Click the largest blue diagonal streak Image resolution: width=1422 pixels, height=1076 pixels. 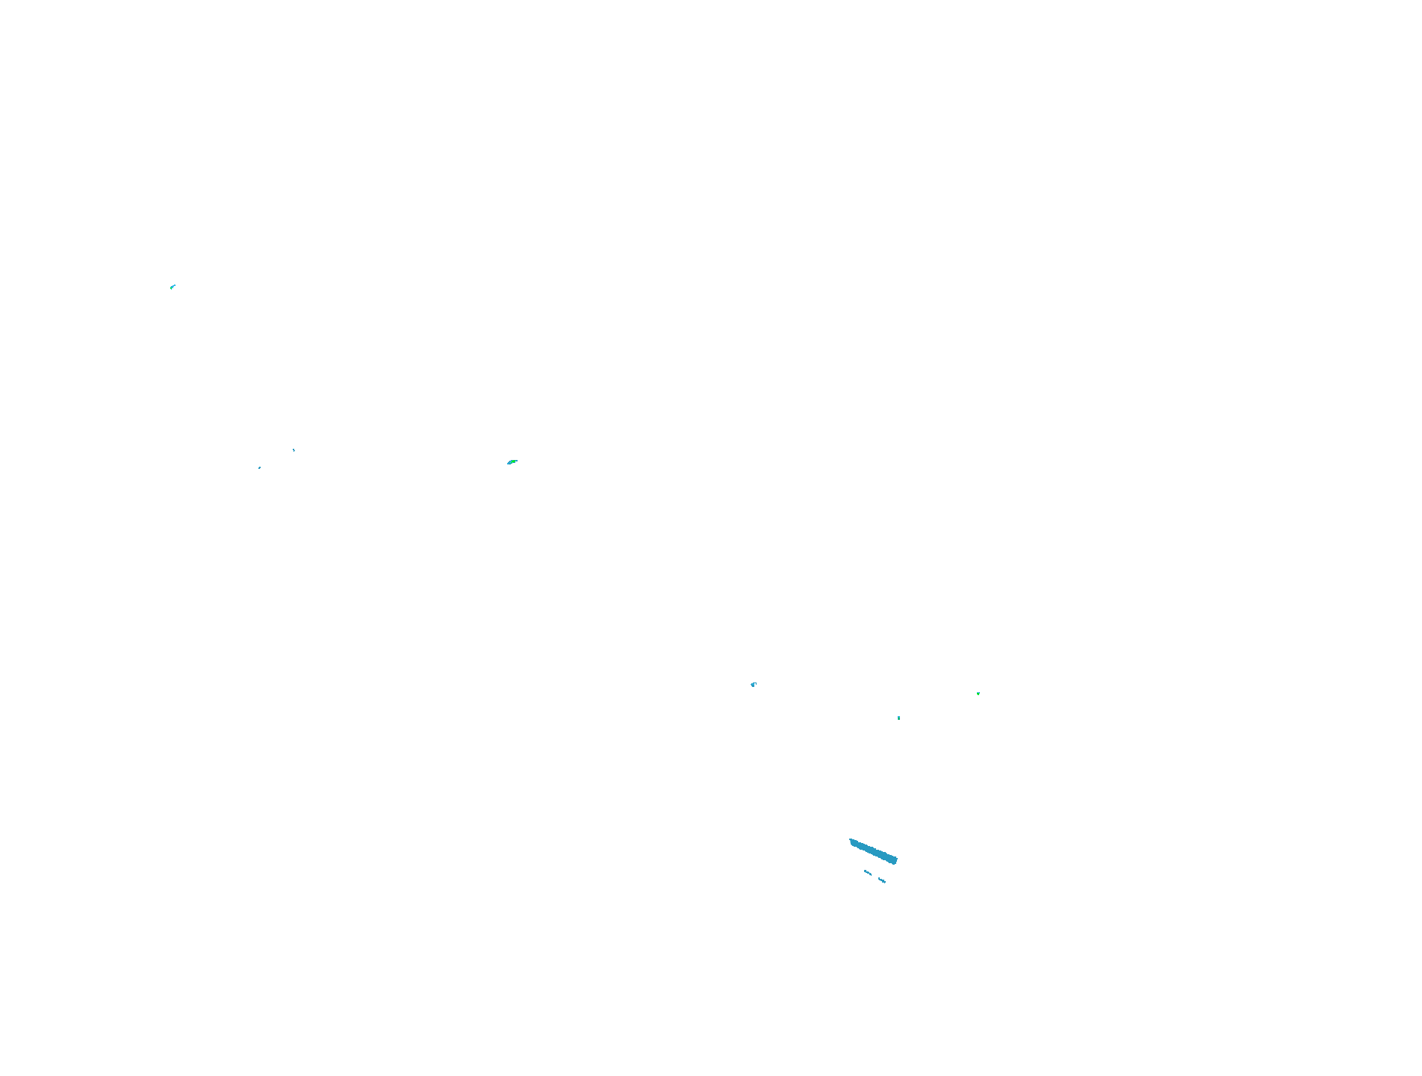point(873,851)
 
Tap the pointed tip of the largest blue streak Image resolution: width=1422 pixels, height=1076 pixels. point(851,840)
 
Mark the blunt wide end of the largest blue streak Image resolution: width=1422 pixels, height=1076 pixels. point(895,860)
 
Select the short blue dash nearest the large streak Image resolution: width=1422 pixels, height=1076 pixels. point(868,872)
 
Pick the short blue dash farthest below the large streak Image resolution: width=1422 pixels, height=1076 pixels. point(882,880)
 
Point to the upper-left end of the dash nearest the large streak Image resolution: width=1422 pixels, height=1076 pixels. point(865,871)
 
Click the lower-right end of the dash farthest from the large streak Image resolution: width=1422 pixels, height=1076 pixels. point(885,882)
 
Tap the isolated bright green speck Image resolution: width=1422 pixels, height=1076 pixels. point(978,694)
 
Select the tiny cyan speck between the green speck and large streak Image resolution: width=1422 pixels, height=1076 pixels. point(898,718)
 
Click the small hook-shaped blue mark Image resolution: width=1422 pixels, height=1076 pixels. point(754,684)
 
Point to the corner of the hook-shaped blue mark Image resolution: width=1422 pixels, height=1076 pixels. point(752,684)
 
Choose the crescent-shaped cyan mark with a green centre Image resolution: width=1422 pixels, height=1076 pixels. point(512,461)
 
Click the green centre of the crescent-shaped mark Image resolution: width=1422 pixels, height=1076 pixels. point(512,461)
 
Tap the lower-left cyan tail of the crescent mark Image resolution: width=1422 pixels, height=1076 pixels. point(508,464)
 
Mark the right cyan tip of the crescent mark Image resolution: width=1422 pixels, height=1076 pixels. point(517,460)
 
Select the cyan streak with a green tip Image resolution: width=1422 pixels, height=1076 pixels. point(173,286)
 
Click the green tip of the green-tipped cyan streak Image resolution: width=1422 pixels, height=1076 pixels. point(171,287)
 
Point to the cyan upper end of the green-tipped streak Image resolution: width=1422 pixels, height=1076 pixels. point(175,284)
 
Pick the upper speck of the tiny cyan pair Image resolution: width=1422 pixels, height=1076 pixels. point(294,450)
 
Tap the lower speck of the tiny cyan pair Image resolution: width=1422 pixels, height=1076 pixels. point(259,468)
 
